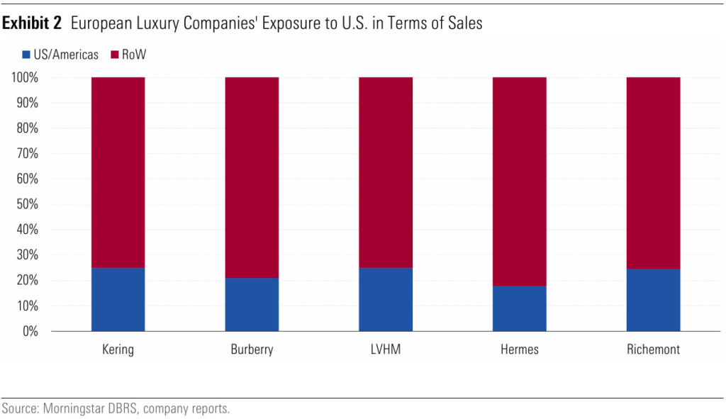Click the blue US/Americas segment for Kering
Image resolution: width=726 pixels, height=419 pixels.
pos(118,299)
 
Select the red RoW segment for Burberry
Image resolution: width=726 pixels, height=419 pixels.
pos(252,177)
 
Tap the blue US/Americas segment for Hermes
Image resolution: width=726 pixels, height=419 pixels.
pos(519,308)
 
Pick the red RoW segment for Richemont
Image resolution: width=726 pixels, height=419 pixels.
pos(653,173)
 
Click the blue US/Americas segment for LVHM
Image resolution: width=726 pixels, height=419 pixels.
pos(385,299)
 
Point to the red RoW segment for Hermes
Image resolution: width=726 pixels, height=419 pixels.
pos(519,181)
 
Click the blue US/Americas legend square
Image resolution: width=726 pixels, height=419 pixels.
pos(27,55)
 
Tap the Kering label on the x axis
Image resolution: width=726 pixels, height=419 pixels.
pos(118,350)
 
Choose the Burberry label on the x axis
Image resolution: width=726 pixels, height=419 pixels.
pos(252,350)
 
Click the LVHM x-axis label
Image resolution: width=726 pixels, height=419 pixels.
pos(385,350)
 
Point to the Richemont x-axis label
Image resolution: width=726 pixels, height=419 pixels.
pos(653,350)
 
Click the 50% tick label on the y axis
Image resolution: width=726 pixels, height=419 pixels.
pos(26,204)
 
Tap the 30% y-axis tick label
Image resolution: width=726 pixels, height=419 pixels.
pos(26,255)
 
